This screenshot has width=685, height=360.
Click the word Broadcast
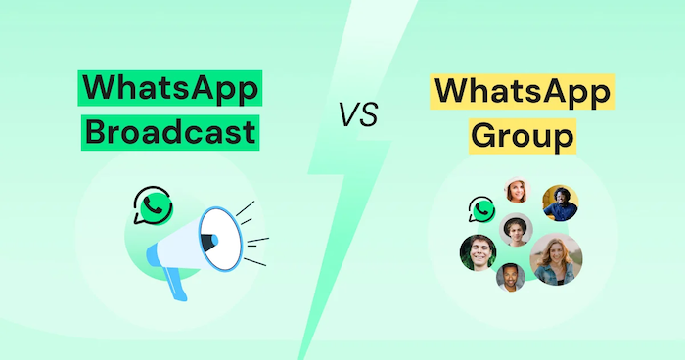pos(171,131)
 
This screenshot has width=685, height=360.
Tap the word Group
pos(521,133)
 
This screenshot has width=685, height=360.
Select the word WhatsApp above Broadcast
pos(171,89)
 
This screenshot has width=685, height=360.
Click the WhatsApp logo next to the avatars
pos(481,208)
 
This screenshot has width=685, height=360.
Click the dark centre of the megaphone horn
pos(208,237)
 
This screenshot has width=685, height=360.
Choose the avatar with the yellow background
pos(560,202)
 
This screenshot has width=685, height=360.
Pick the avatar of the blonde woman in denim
pos(555,259)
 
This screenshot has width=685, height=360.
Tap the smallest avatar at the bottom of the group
pos(510,278)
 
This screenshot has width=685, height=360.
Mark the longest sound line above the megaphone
pos(244,210)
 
